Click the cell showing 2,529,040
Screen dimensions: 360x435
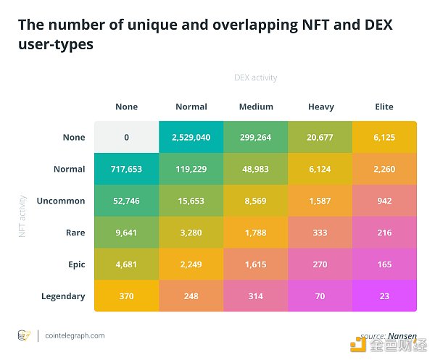pos(191,137)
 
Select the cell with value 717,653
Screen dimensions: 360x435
pos(126,169)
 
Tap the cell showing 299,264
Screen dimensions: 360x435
pos(256,137)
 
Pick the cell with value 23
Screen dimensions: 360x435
pos(384,296)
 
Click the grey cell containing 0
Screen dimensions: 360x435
pos(126,137)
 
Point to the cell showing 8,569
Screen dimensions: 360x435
pos(256,201)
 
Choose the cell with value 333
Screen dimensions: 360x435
pos(320,233)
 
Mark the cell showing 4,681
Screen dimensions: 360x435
pos(126,264)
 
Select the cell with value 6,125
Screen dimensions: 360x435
pos(384,137)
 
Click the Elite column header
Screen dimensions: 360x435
pos(384,106)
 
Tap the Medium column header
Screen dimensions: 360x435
pos(256,106)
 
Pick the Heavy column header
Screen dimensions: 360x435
pos(320,106)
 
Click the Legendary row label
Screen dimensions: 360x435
pos(63,296)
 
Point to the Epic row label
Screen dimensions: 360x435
pos(74,264)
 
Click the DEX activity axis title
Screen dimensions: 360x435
pos(255,78)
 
